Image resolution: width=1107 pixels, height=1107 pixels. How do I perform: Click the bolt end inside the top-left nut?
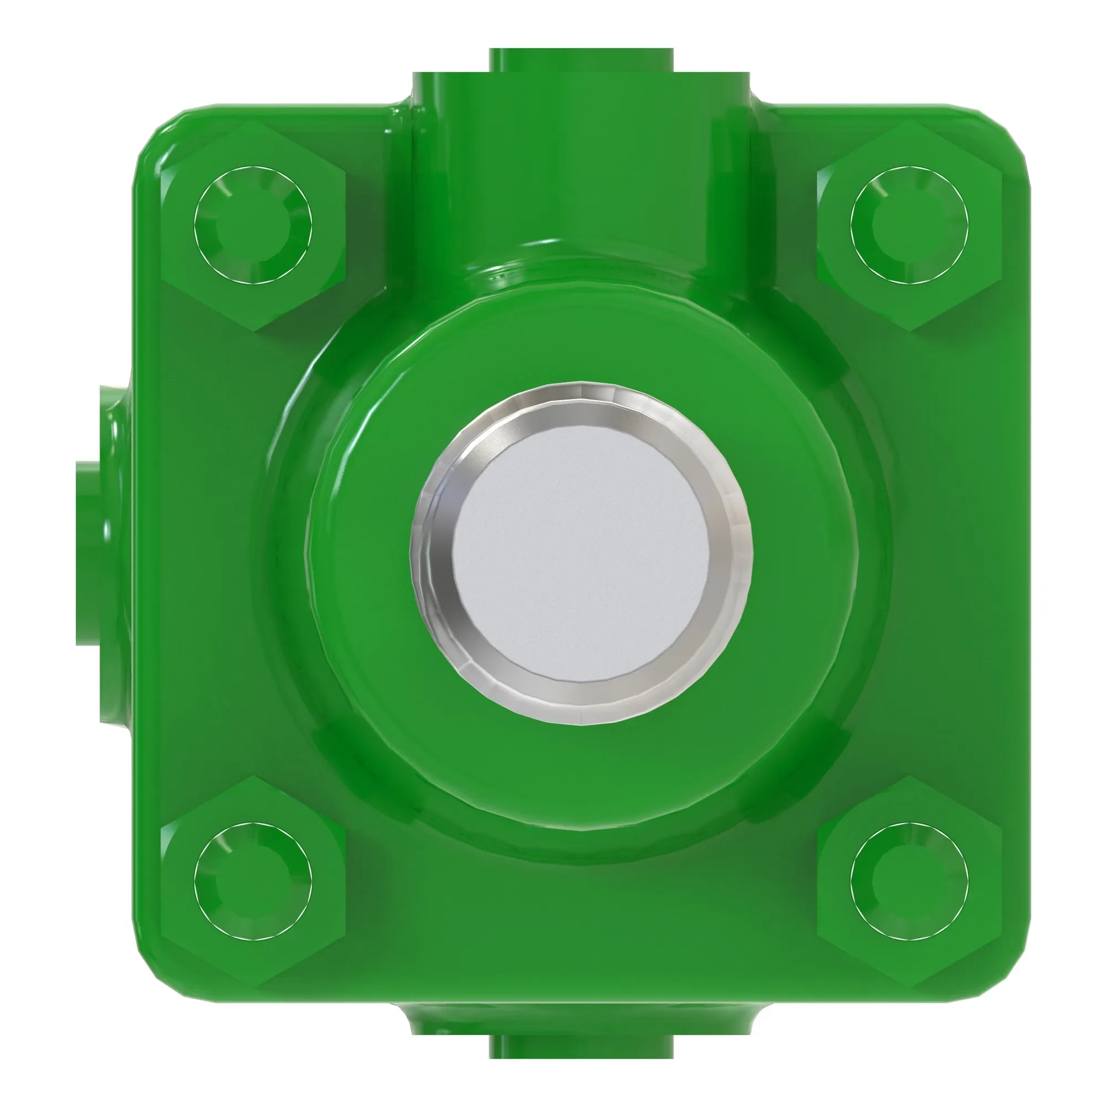[253, 225]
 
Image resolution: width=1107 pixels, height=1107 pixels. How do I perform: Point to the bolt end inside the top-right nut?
[909, 225]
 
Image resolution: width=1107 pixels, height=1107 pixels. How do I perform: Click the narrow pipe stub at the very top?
[581, 60]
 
